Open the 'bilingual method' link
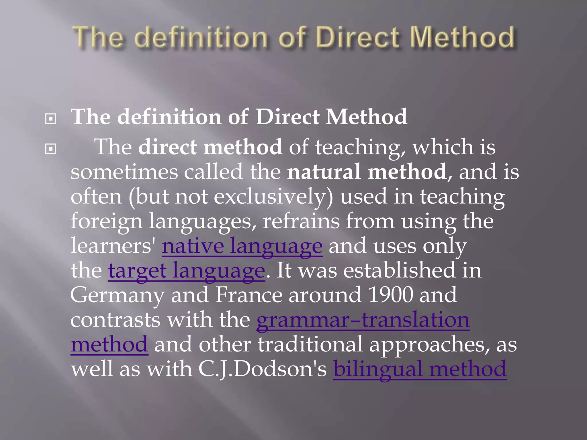pyautogui.click(x=420, y=369)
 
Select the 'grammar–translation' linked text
pyautogui.click(x=363, y=320)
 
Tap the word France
pyautogui.click(x=249, y=295)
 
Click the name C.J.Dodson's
pyautogui.click(x=262, y=369)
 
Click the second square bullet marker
pyautogui.click(x=51, y=149)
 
